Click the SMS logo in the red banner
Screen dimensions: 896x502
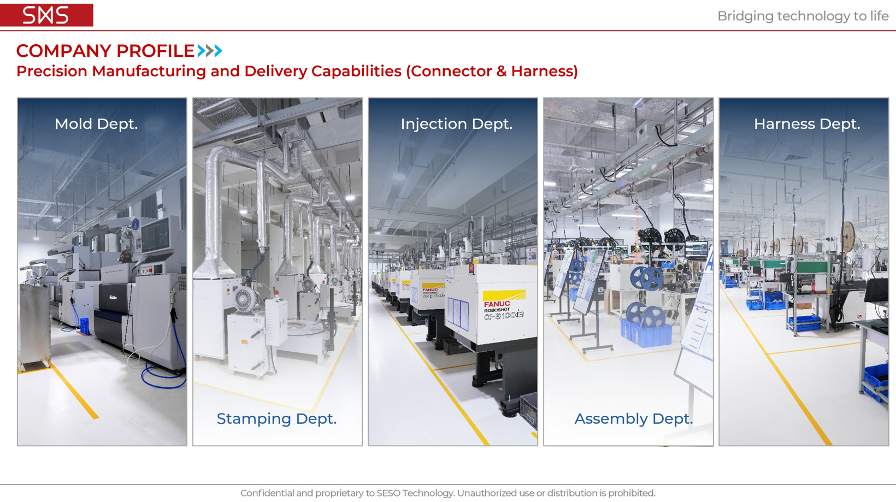pyautogui.click(x=45, y=15)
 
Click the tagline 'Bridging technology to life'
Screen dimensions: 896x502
pyautogui.click(x=803, y=16)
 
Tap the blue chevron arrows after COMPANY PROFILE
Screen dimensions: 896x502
pyautogui.click(x=210, y=51)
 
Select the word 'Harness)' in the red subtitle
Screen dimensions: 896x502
pyautogui.click(x=544, y=71)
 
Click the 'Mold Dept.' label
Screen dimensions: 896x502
pyautogui.click(x=96, y=124)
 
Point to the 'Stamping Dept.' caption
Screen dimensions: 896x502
pyautogui.click(x=277, y=419)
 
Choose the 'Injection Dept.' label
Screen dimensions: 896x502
pyautogui.click(x=456, y=124)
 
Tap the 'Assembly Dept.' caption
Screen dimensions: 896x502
pyautogui.click(x=634, y=419)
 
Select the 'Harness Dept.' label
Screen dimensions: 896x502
pyautogui.click(x=807, y=124)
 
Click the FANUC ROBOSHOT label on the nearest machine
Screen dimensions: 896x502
pyautogui.click(x=504, y=306)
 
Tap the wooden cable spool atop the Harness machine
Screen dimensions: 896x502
pyautogui.click(x=847, y=237)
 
